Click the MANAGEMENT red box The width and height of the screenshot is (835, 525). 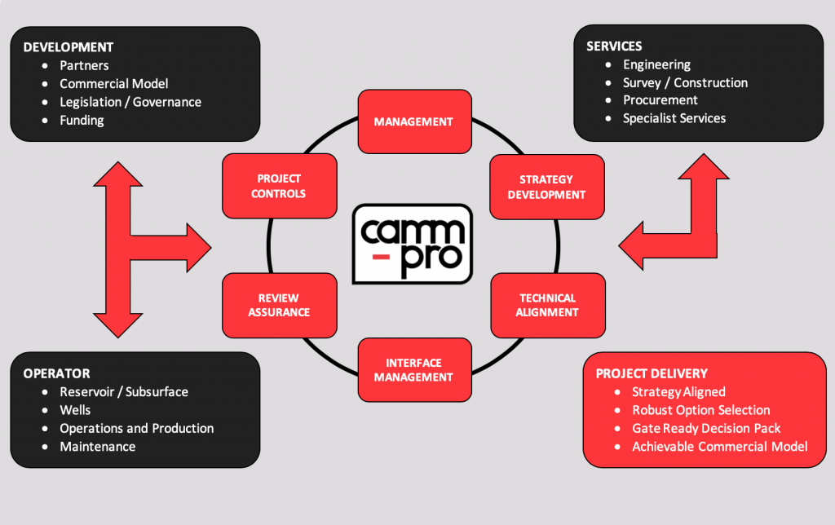tap(413, 121)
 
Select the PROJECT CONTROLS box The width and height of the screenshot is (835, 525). tap(279, 186)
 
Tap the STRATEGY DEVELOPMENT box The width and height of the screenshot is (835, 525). tap(547, 187)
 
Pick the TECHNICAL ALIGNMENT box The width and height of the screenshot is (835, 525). tap(547, 305)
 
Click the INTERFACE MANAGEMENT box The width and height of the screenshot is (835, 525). tap(413, 370)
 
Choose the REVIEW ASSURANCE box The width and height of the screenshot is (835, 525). tap(279, 305)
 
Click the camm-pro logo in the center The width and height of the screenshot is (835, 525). tap(413, 244)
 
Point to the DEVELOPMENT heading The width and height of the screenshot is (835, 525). tap(68, 47)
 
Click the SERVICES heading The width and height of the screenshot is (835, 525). tap(614, 46)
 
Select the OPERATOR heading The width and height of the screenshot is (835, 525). tap(56, 373)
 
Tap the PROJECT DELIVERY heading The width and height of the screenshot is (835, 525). tap(652, 373)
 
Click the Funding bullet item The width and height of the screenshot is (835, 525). tap(82, 120)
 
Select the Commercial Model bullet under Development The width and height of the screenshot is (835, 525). tap(114, 83)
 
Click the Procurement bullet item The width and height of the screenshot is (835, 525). tap(660, 100)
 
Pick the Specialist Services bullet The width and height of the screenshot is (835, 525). tap(674, 118)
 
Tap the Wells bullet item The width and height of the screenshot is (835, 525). tap(75, 410)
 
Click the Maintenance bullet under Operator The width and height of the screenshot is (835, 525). tap(98, 446)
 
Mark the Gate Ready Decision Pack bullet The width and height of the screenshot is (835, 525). tap(706, 428)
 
